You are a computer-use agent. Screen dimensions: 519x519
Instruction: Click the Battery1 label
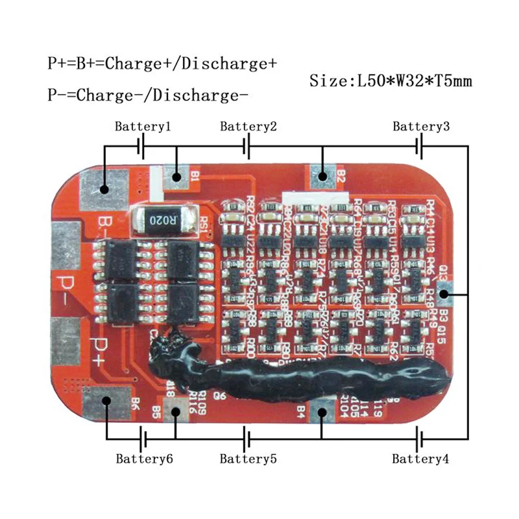143,127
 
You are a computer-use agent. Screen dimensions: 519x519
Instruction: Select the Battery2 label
248,127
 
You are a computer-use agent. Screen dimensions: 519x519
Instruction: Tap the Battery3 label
421,127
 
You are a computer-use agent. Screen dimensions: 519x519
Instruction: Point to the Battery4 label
420,459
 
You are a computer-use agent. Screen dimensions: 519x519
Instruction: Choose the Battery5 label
248,459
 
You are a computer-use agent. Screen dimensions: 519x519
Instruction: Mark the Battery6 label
144,459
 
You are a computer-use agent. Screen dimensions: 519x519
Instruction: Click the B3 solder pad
444,294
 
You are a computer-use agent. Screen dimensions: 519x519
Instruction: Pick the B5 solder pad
176,411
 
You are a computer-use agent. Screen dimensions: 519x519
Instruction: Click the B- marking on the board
103,228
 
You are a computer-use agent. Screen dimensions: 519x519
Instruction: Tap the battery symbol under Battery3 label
421,149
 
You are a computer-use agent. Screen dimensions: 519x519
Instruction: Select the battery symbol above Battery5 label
246,437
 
